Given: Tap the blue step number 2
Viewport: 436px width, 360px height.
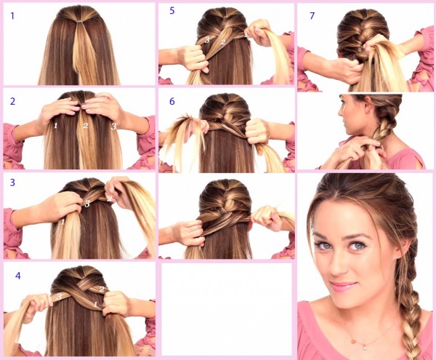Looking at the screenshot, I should click(12, 100).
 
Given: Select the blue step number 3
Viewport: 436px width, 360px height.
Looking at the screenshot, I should click(12, 183).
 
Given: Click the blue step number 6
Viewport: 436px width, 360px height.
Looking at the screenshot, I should click(171, 101).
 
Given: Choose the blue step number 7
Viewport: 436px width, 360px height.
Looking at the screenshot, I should click(311, 14).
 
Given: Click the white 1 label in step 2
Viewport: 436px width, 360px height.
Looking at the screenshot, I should click(54, 126).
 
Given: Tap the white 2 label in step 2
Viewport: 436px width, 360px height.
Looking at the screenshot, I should click(85, 126).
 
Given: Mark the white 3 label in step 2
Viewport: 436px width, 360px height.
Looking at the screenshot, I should click(113, 126).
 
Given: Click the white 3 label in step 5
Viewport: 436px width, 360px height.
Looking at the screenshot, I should click(206, 41).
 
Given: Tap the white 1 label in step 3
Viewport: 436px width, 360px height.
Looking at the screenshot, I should click(63, 220).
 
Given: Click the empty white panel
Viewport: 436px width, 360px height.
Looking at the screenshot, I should click(225, 309).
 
